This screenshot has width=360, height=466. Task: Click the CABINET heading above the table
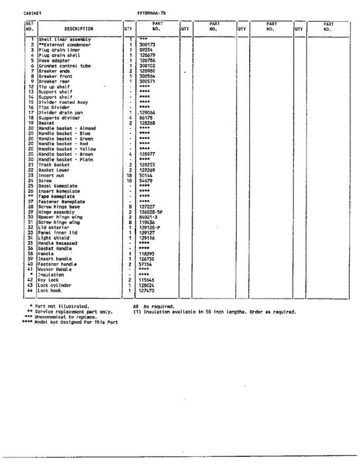33,13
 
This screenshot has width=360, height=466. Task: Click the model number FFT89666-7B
152,13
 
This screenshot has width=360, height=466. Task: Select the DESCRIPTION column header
78,29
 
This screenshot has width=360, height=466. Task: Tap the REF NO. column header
30,26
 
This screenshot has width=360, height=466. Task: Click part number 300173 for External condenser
147,45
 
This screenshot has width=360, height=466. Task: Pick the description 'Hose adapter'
54,61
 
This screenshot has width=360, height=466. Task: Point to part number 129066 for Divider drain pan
147,113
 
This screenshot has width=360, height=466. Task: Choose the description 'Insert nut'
51,176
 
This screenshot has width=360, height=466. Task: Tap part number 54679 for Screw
146,181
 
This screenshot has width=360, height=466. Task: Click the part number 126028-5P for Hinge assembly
151,212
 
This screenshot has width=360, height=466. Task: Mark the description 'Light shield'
54,238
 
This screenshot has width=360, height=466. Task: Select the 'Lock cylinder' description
54,285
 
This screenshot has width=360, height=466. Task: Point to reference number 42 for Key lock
31,280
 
